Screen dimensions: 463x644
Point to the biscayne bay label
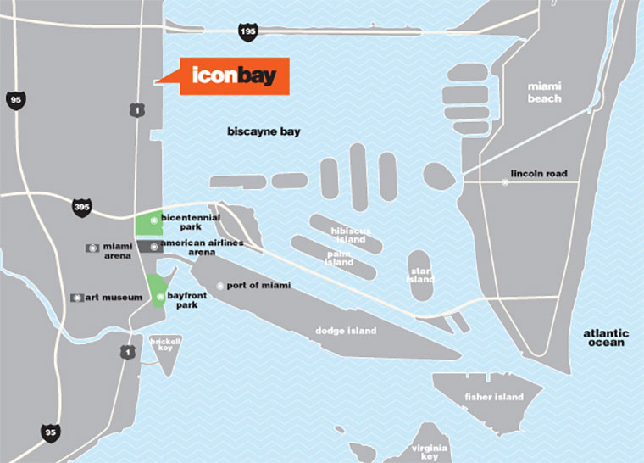[264, 132]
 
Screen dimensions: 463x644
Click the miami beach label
[544, 92]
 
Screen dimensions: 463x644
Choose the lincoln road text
[539, 175]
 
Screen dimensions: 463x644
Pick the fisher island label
[494, 397]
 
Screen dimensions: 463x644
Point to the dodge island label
[345, 331]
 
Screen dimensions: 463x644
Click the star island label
[420, 275]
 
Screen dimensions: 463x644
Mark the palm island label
[339, 258]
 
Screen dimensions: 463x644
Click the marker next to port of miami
[220, 286]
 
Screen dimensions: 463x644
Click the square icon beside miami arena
[92, 248]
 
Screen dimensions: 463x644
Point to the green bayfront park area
[156, 292]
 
